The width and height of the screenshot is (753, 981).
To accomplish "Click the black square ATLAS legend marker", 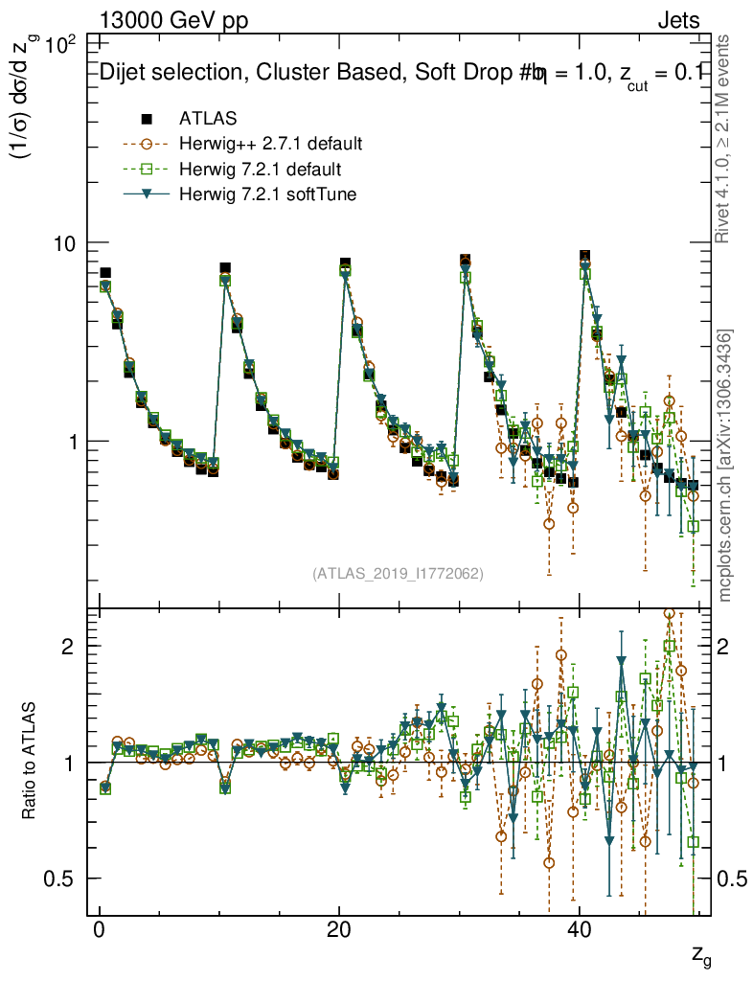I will coord(147,119).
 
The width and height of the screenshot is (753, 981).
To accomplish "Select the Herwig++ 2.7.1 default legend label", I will coord(270,145).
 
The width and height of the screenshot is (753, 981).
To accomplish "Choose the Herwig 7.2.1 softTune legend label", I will coord(262,194).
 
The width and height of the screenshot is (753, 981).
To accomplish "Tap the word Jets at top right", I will coord(678,20).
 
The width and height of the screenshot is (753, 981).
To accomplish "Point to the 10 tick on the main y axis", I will coord(64,243).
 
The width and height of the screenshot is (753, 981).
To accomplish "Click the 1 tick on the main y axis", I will coord(73,442).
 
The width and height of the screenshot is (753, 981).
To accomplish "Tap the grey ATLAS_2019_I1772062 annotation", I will coord(397,574).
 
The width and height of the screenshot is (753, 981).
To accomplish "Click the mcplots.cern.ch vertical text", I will coord(725,467).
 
